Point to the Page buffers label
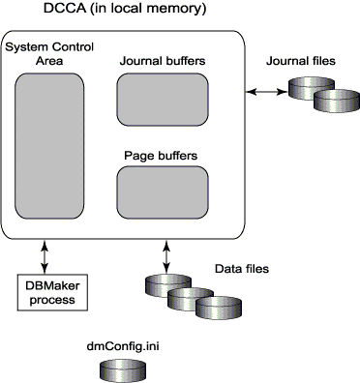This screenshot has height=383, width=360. (x=163, y=155)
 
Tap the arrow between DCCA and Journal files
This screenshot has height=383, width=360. (x=261, y=92)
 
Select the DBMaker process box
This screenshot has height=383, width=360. (x=53, y=291)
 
